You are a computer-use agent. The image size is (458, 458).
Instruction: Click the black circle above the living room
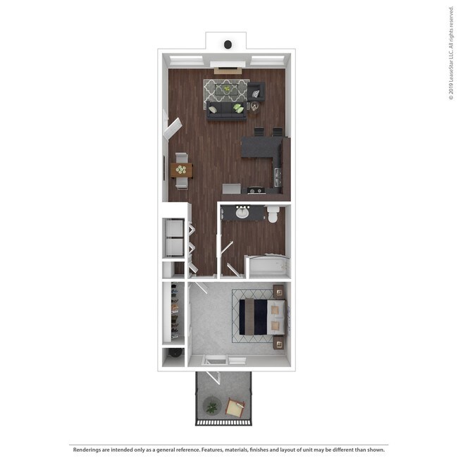228,44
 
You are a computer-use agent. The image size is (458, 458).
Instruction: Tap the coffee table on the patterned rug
226,89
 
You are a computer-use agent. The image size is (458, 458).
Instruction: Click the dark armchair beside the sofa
256,92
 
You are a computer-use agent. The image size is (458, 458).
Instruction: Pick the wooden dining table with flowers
181,170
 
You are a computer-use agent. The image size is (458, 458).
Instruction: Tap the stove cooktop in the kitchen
254,190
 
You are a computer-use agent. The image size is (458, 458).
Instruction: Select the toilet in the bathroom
273,215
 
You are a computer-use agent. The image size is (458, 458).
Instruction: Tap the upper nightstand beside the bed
278,290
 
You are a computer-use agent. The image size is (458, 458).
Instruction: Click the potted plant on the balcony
211,405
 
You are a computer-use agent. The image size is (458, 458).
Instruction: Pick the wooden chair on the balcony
235,407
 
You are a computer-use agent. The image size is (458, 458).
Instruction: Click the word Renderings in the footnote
87,449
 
